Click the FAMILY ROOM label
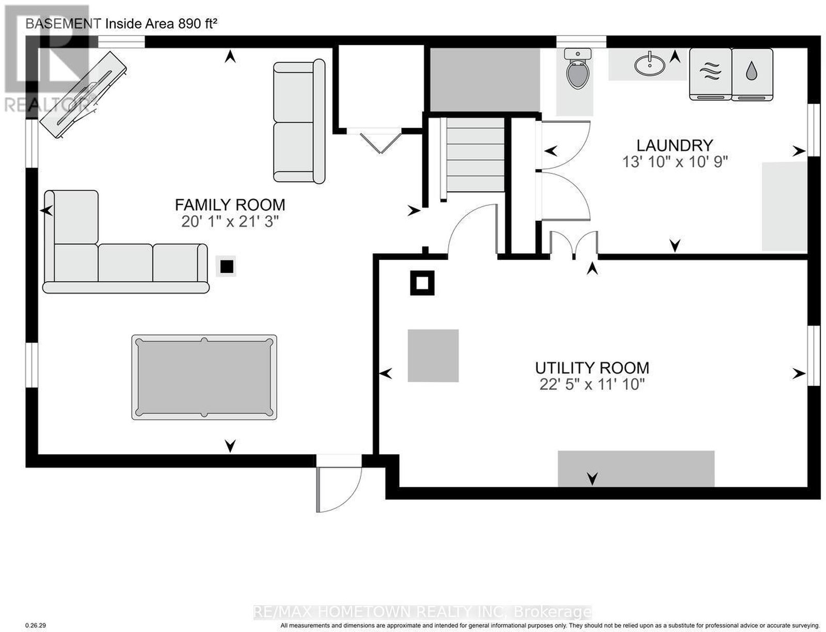pos(230,205)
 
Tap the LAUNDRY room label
pos(675,145)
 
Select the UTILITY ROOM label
pos(592,368)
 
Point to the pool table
pos(204,377)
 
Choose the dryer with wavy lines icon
pos(710,74)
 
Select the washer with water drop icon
pos(752,74)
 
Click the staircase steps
pos(475,155)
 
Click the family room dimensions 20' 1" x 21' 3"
pos(230,221)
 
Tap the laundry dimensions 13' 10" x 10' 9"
pos(675,162)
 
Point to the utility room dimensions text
pos(592,384)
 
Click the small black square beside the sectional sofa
pos(227,267)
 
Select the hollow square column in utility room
pos(422,283)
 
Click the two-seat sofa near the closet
pos(299,122)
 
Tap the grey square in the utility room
pos(433,355)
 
